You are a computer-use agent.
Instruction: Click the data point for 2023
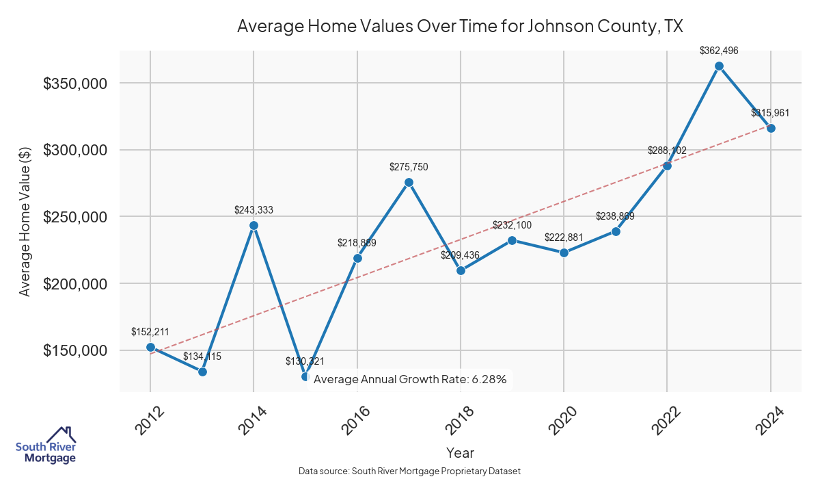[x=719, y=66]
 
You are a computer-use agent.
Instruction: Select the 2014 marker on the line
[x=254, y=225]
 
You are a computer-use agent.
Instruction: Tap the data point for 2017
[x=409, y=182]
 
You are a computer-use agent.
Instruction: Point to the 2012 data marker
[x=150, y=347]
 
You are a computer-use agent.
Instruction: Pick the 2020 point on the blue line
[x=564, y=253]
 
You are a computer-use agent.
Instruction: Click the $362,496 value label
[x=719, y=51]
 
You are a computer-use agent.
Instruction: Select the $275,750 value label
[x=409, y=166]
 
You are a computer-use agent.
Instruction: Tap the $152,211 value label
[x=150, y=332]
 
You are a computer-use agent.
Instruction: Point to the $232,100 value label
[x=512, y=225]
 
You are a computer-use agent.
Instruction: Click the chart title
[x=460, y=26]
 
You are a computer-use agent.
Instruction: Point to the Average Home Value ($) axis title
[x=25, y=221]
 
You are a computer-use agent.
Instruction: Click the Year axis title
[x=460, y=452]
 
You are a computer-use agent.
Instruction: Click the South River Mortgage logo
[x=46, y=445]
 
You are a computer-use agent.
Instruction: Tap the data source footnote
[x=410, y=471]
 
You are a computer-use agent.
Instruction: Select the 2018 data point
[x=461, y=270]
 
